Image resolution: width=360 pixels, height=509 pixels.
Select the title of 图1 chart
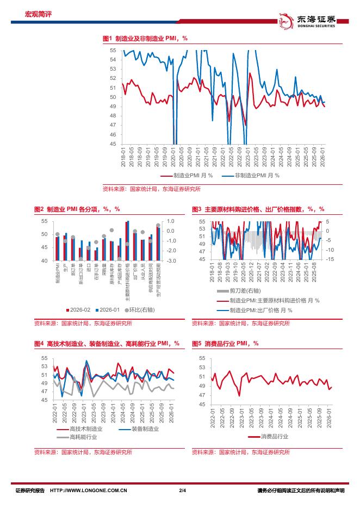tap(145, 38)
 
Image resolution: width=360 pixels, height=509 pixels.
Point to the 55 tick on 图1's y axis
tap(113, 50)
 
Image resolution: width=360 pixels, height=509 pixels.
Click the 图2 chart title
tap(77, 209)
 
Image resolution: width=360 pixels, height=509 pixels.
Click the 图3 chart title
tap(258, 209)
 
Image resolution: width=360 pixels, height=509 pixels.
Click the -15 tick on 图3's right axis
tap(329, 259)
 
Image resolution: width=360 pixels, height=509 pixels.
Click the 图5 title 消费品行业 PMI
tap(225, 343)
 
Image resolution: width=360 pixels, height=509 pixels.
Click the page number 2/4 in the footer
tap(182, 491)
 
